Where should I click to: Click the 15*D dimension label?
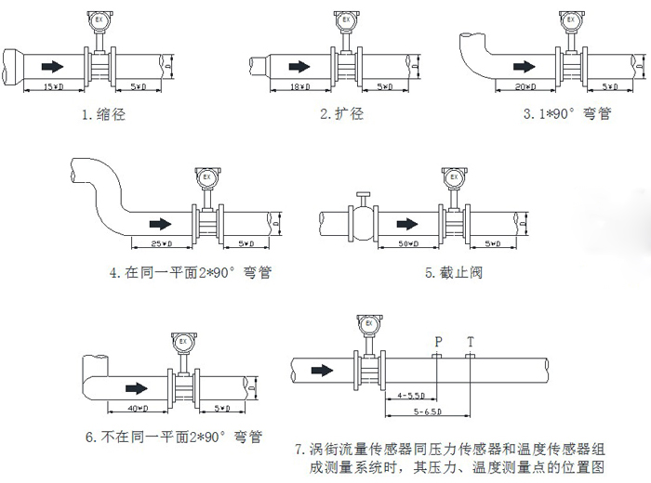pyautogui.click(x=54, y=86)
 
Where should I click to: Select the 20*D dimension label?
pyautogui.click(x=526, y=86)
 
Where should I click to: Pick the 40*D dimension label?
pyautogui.click(x=139, y=408)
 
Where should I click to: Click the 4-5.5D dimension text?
pyautogui.click(x=409, y=395)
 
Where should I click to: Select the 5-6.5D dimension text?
pyautogui.click(x=428, y=411)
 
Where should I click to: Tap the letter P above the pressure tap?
pyautogui.click(x=438, y=341)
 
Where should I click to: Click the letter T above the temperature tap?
pyautogui.click(x=470, y=341)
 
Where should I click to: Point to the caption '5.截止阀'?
pyautogui.click(x=455, y=273)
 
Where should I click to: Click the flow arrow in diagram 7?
pyautogui.click(x=322, y=370)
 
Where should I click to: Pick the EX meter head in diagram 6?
pyautogui.click(x=179, y=342)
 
